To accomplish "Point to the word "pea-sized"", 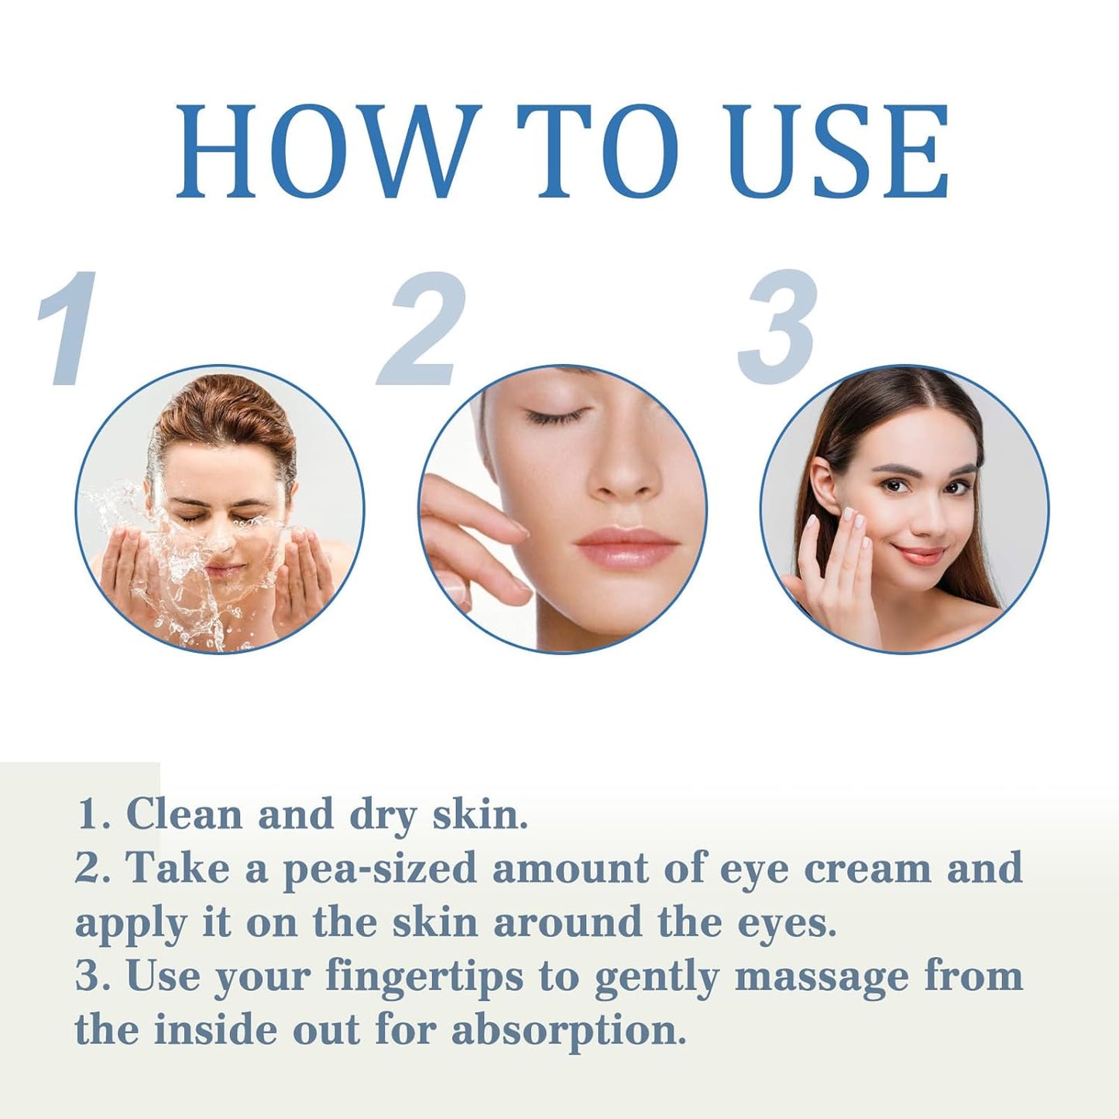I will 379,869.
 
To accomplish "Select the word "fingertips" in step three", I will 424,977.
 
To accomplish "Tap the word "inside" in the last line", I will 216,1030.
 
